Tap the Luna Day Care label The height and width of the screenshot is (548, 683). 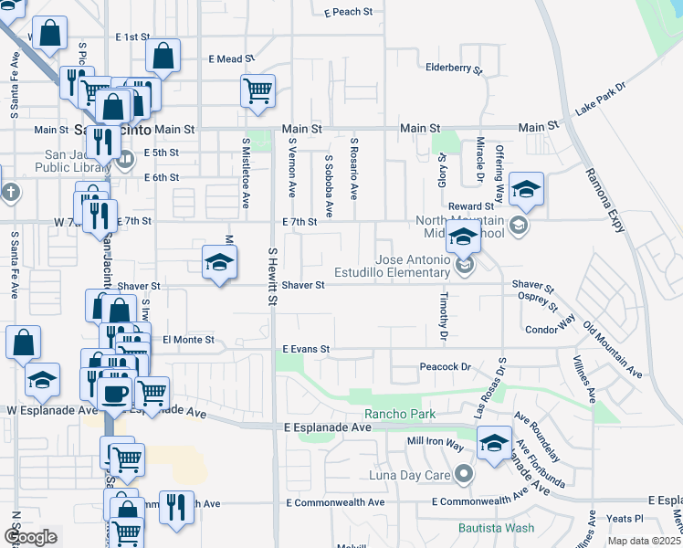point(410,474)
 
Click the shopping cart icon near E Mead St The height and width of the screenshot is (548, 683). point(258,90)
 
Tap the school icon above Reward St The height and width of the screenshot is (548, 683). point(526,189)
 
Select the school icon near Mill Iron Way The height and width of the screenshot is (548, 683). point(494,444)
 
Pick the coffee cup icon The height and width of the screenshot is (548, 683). point(114,394)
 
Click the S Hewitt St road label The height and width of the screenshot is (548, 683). point(272,265)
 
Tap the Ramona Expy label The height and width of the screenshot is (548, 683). point(605,198)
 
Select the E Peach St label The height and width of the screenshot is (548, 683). point(349,13)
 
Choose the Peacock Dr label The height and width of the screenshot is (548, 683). point(445,367)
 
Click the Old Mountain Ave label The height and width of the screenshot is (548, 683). point(613,348)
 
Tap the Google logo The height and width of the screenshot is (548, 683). point(30,536)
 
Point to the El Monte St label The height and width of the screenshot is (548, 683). point(188,340)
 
